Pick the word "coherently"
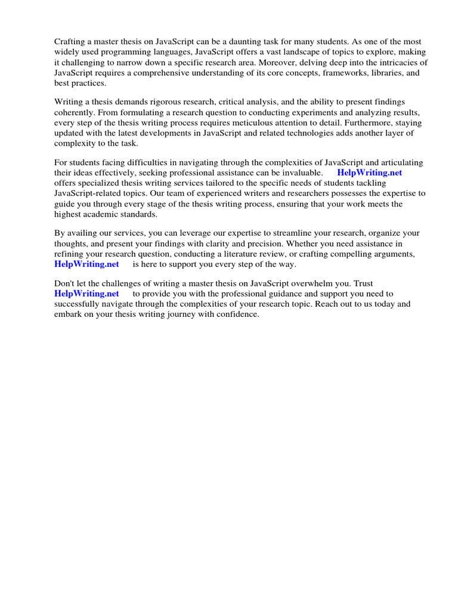[x=77, y=113]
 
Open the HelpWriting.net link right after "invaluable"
[x=370, y=173]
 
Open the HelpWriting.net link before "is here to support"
[x=86, y=264]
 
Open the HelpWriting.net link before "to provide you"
[x=86, y=294]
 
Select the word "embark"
[x=69, y=314]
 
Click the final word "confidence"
[x=237, y=314]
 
